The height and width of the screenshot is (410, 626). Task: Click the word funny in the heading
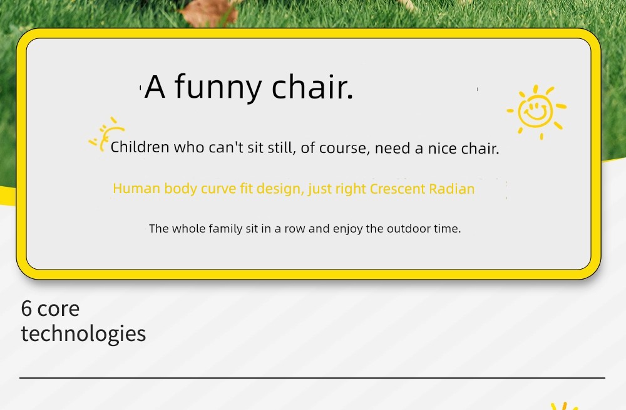(218, 88)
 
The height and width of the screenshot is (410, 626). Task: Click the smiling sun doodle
(536, 112)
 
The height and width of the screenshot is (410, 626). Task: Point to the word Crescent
(398, 189)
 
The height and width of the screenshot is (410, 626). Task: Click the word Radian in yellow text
(451, 189)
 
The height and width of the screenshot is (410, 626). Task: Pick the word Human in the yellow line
(136, 189)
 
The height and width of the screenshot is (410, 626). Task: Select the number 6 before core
(26, 309)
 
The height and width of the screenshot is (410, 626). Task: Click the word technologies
(83, 334)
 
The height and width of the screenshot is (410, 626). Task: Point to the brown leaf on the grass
(208, 12)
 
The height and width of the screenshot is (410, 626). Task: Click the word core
(58, 310)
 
